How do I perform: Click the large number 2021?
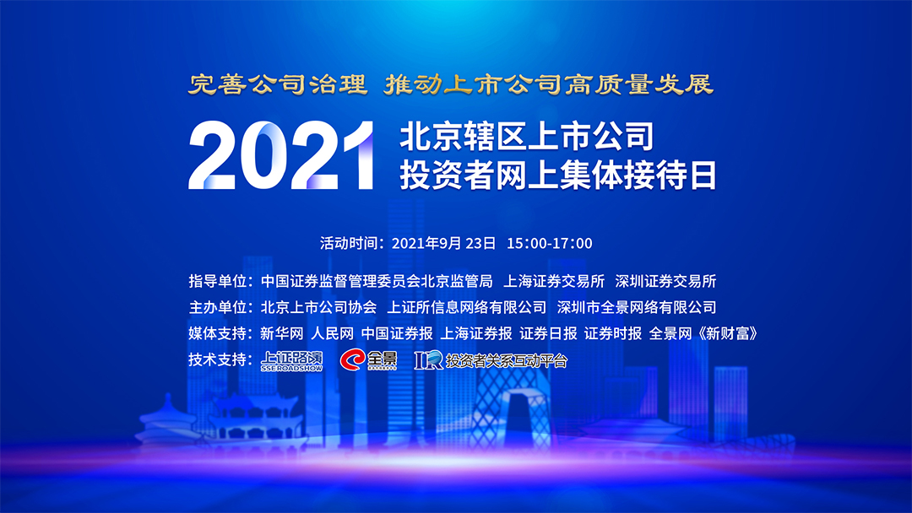280,155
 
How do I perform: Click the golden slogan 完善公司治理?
278,84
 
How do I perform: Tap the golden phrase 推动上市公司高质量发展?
549,84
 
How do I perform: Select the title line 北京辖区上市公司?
527,137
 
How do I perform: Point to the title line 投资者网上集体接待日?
558,175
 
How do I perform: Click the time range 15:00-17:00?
550,244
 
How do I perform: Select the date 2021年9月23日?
444,244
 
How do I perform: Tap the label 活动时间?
348,244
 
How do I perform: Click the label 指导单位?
217,281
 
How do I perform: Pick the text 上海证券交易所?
554,281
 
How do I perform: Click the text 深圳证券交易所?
665,281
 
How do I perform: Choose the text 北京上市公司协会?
318,307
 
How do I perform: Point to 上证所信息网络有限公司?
466,307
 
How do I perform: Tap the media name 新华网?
282,333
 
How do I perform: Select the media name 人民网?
332,333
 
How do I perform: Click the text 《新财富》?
727,333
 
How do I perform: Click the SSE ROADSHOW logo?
291,361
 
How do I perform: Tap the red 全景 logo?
369,359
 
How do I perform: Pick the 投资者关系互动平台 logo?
491,360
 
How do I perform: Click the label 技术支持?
217,359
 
